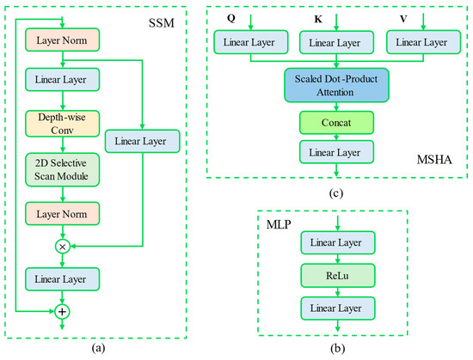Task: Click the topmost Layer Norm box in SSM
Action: click(x=61, y=40)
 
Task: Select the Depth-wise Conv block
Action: click(x=61, y=123)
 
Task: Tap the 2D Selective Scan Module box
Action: click(x=61, y=168)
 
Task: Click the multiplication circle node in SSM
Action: click(x=61, y=245)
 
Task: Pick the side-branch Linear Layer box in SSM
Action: click(x=142, y=138)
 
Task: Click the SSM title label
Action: click(x=163, y=19)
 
